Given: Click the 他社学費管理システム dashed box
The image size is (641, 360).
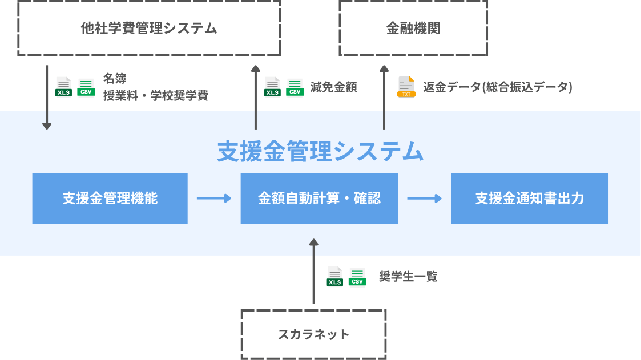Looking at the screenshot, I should [149, 28].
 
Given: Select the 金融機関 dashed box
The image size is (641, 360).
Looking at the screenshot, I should [413, 28].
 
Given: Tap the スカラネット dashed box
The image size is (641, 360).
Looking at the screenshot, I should [313, 334].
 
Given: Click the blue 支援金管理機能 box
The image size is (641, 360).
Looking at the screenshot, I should [110, 198].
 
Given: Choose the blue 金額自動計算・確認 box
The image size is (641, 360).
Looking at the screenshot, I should [319, 198].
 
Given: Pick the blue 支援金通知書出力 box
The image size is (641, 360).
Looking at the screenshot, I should [529, 198].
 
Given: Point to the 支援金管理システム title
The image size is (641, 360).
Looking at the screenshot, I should [320, 152].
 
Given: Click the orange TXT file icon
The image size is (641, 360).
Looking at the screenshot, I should [406, 87].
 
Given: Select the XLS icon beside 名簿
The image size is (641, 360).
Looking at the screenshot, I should [63, 87].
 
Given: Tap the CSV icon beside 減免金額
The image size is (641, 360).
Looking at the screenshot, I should [295, 87].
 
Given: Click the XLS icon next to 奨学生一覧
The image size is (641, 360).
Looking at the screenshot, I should [334, 277].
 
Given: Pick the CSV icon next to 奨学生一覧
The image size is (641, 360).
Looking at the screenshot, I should [357, 277].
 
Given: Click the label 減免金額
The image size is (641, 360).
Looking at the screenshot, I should [334, 87].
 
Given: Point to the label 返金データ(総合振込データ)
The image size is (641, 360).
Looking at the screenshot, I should [497, 87].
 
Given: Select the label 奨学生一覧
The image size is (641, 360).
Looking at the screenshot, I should [408, 277].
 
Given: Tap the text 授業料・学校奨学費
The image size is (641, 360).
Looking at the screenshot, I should [155, 96].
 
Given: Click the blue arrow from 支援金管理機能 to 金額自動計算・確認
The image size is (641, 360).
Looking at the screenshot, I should [213, 199].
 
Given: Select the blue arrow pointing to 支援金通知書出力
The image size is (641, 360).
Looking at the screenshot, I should [424, 199].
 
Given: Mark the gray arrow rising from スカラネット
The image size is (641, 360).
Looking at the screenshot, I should [313, 271].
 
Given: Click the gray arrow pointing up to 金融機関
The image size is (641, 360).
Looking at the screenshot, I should [384, 97].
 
